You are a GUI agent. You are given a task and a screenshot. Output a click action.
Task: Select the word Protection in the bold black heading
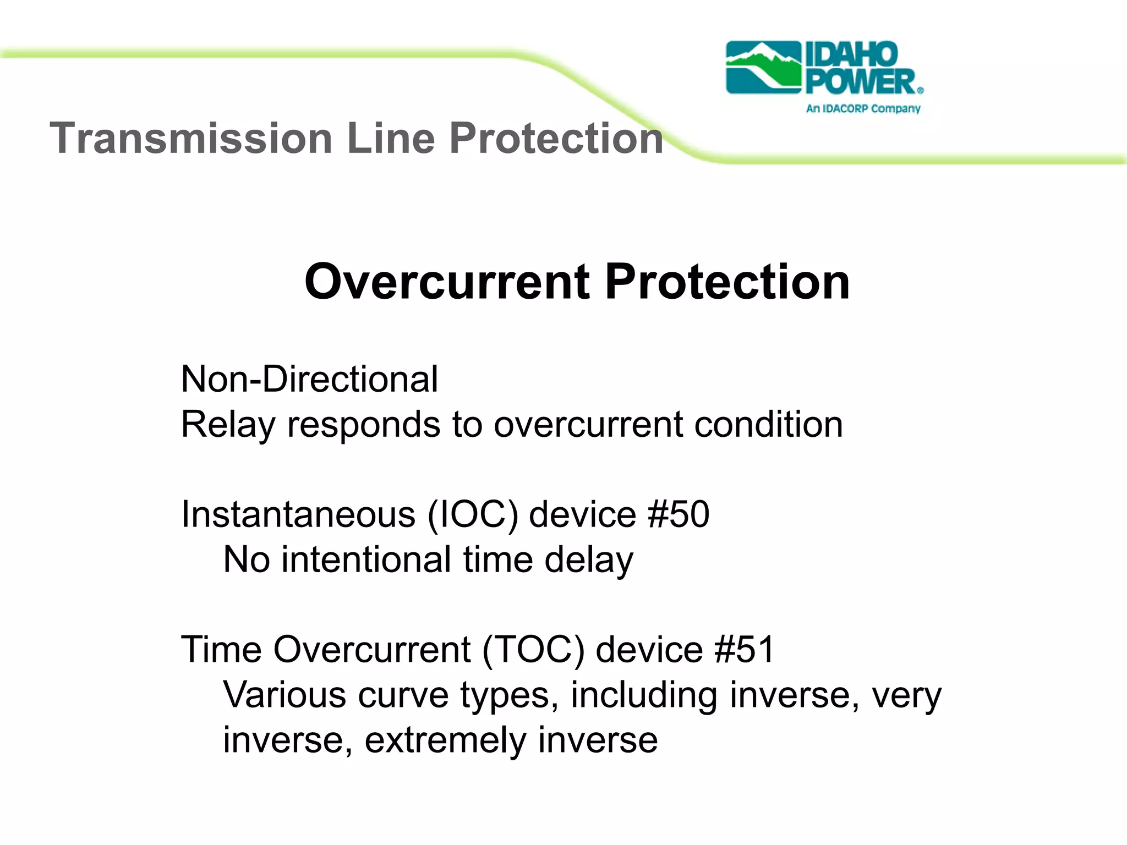[x=727, y=282]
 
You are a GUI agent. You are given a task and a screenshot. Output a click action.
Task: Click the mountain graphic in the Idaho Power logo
[x=763, y=67]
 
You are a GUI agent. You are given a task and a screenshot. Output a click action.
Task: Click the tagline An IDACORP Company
[x=863, y=108]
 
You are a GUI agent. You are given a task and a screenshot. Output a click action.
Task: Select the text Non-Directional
[x=309, y=379]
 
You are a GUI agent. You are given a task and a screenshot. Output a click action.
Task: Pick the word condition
[x=768, y=424]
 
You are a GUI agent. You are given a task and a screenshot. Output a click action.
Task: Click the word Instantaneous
[x=298, y=514]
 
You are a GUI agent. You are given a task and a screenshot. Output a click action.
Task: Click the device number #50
[x=679, y=514]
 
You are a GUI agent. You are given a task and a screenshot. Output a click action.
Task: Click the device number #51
[x=744, y=649]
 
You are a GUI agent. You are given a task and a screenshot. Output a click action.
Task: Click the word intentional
[x=366, y=559]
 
